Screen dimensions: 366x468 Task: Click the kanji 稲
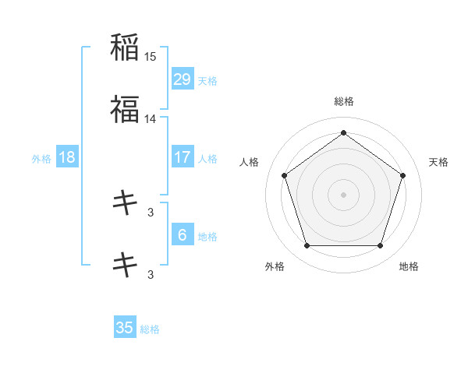(x=125, y=48)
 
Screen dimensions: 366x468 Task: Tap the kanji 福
(x=125, y=109)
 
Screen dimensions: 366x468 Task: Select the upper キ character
(x=125, y=203)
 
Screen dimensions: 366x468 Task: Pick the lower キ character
(x=125, y=265)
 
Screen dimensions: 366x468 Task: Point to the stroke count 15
(x=151, y=57)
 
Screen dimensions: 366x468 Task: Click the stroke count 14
(x=151, y=119)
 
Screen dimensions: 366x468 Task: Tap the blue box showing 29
(x=182, y=79)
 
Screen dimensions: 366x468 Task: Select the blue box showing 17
(x=182, y=157)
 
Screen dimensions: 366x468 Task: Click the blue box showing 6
(x=182, y=235)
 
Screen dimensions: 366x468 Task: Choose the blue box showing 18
(x=67, y=157)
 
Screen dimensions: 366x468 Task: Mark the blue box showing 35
(x=125, y=328)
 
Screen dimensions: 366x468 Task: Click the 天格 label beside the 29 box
(x=207, y=80)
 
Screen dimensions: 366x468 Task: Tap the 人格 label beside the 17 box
(x=207, y=158)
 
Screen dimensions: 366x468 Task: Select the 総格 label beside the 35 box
(x=150, y=329)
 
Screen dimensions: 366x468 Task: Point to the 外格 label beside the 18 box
(x=41, y=158)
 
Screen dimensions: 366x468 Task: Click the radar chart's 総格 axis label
(x=343, y=101)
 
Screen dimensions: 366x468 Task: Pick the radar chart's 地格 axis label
(x=409, y=266)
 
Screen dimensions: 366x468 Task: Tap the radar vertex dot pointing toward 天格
(x=403, y=175)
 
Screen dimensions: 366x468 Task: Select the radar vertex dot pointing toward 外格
(x=307, y=246)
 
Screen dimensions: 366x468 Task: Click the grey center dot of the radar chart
(x=343, y=195)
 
